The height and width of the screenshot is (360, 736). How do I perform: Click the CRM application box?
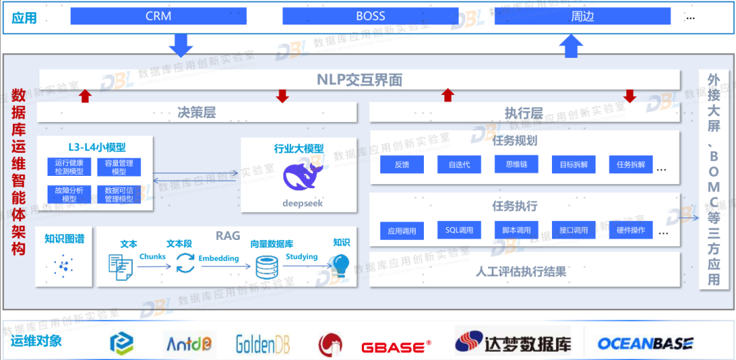pos(158,16)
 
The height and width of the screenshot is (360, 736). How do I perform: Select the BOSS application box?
pos(370,16)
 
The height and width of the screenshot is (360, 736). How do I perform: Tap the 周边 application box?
pos(582,16)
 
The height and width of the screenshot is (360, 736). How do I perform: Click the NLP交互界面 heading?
pos(359,80)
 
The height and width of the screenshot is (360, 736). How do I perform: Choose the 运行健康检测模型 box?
pos(69,167)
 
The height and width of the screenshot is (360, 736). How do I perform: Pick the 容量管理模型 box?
pos(119,167)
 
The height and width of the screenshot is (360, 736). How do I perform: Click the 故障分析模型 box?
pos(69,194)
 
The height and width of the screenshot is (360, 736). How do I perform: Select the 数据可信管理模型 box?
pos(119,194)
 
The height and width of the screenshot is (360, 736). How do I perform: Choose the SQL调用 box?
pos(459,230)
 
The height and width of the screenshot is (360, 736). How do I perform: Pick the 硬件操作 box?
pos(630,230)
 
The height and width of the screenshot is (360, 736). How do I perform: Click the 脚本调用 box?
pos(516,230)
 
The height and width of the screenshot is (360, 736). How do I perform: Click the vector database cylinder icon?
pos(265,266)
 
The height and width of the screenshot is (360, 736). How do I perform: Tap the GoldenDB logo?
pos(263,344)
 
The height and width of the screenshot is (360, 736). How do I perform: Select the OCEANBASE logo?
pos(645,344)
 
